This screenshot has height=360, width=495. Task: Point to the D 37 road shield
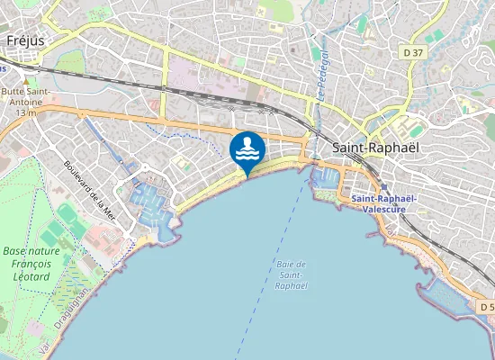click(414, 53)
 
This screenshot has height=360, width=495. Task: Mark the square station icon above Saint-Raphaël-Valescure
click(384, 187)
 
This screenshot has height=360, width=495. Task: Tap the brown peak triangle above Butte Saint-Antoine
click(25, 79)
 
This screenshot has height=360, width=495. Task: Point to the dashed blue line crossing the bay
click(268, 270)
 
